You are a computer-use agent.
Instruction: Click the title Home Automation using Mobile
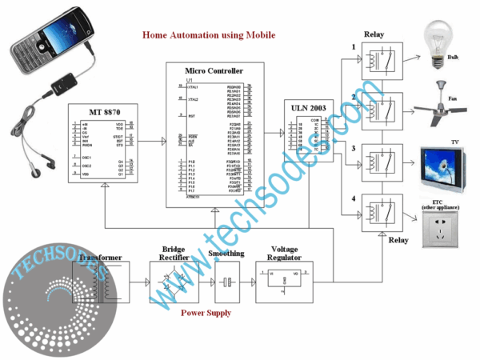pos(208,35)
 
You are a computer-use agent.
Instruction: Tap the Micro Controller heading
pos(214,71)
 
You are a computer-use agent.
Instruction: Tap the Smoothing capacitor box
pos(227,281)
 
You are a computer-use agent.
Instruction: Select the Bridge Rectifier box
pos(173,280)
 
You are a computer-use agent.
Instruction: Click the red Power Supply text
pos(206,313)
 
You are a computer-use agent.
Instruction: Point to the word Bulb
pos(453,58)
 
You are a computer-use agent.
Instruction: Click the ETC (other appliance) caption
pos(442,205)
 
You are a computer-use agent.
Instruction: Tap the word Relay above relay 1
pos(374,35)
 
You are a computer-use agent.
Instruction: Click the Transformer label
pos(101,258)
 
